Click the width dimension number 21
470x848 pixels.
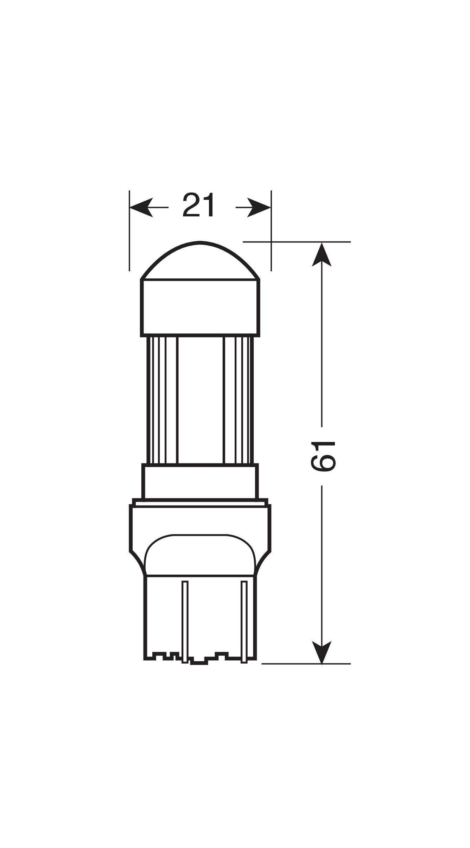[198, 205]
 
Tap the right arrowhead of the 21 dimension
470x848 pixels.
[259, 207]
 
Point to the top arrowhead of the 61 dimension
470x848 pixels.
[322, 254]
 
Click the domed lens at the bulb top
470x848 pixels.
[201, 261]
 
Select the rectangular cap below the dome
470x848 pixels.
[201, 308]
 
